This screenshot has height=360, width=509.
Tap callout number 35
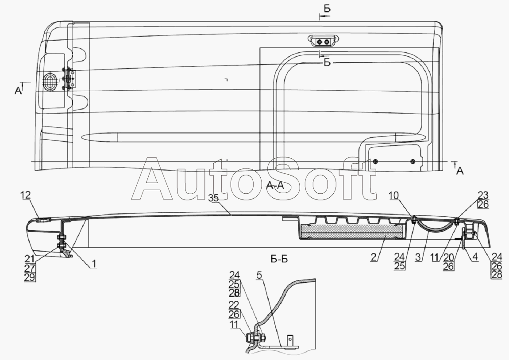[214, 199]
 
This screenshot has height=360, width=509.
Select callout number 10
[394, 195]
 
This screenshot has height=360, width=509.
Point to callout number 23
[483, 195]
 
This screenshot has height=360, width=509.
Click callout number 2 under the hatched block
[374, 257]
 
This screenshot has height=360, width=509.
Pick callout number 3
[419, 257]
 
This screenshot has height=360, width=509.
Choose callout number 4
[475, 257]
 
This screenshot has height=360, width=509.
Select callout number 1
[93, 264]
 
